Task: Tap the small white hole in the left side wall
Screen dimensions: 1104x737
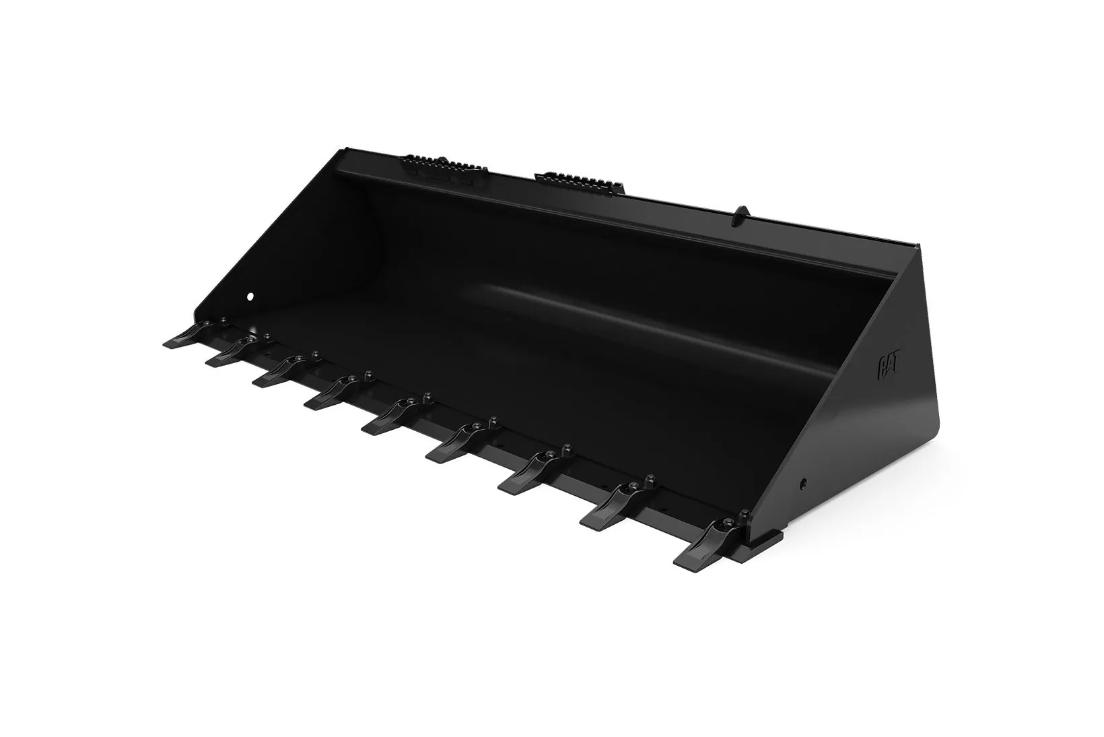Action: point(250,296)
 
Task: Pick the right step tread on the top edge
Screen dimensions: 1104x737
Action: point(580,181)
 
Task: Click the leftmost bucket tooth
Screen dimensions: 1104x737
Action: point(186,335)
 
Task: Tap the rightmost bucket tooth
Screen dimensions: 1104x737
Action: point(708,546)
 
